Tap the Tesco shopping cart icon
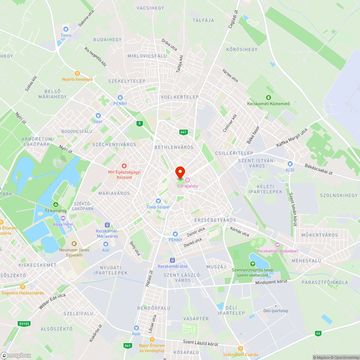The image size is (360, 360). [66, 29]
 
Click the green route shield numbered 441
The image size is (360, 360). [184, 132]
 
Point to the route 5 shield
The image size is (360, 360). [139, 123]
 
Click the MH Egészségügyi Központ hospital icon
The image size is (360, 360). [124, 166]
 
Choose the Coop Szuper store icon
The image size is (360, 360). [158, 201]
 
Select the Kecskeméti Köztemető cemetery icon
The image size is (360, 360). [268, 98]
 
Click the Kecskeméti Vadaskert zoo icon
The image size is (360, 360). [278, 245]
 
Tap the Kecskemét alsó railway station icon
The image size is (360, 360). [172, 260]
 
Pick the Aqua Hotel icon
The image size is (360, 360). [63, 218]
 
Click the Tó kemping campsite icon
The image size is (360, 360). [55, 204]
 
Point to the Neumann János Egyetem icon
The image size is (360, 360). [74, 244]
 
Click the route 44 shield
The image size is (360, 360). [318, 333]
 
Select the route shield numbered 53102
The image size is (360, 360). [24, 324]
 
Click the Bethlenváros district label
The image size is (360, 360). [174, 147]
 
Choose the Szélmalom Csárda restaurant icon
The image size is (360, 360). [240, 348]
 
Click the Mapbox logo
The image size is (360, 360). [16, 355]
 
